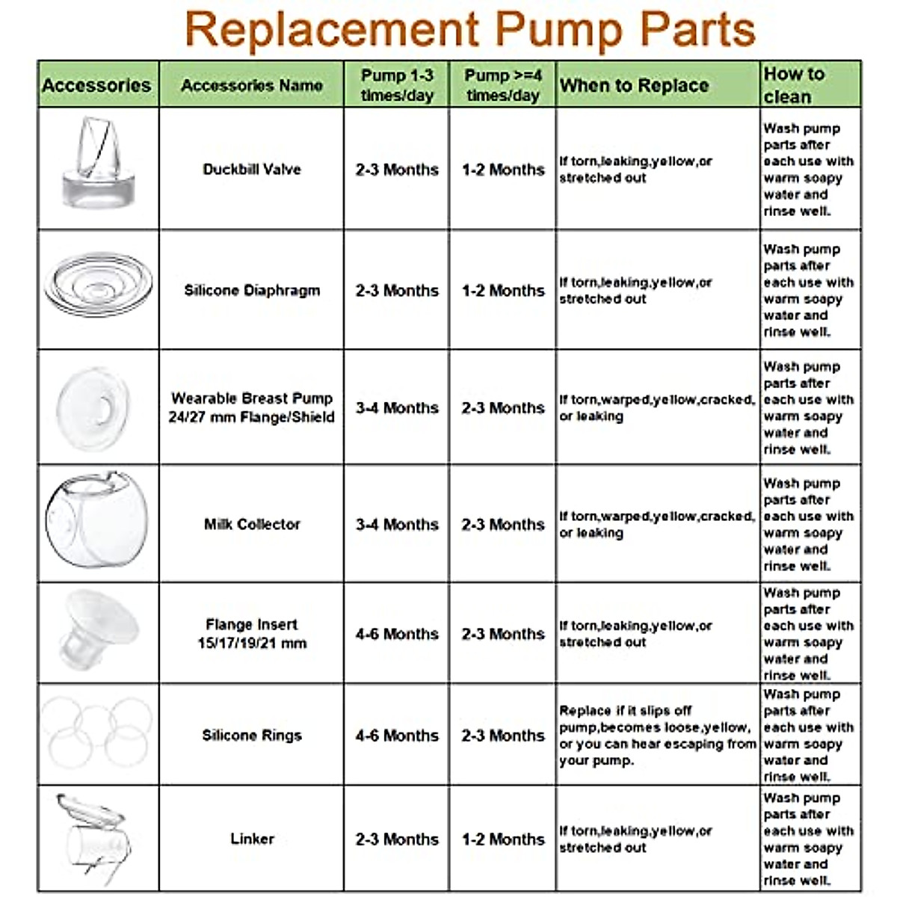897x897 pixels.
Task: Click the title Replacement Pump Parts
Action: (469, 30)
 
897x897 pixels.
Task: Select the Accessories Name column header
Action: (251, 86)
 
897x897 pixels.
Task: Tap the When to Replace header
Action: (634, 86)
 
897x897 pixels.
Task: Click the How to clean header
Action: (794, 85)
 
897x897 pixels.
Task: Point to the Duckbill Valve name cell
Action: (251, 170)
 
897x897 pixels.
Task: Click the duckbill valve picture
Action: (96, 162)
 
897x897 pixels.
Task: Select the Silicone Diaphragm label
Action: (251, 291)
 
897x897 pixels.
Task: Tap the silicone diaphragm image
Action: (97, 284)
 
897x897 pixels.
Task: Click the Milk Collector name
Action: (251, 525)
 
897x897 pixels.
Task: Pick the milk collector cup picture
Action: (96, 520)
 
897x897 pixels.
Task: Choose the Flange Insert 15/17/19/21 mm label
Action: (251, 634)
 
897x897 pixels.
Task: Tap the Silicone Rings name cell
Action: (251, 736)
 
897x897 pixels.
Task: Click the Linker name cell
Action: (251, 839)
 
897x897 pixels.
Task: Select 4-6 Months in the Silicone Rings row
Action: (396, 736)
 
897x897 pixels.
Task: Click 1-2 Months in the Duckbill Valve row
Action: (502, 170)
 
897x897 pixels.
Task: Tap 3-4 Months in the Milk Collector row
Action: (396, 525)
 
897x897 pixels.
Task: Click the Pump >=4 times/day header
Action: (502, 85)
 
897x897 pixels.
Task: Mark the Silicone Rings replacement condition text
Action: (656, 736)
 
